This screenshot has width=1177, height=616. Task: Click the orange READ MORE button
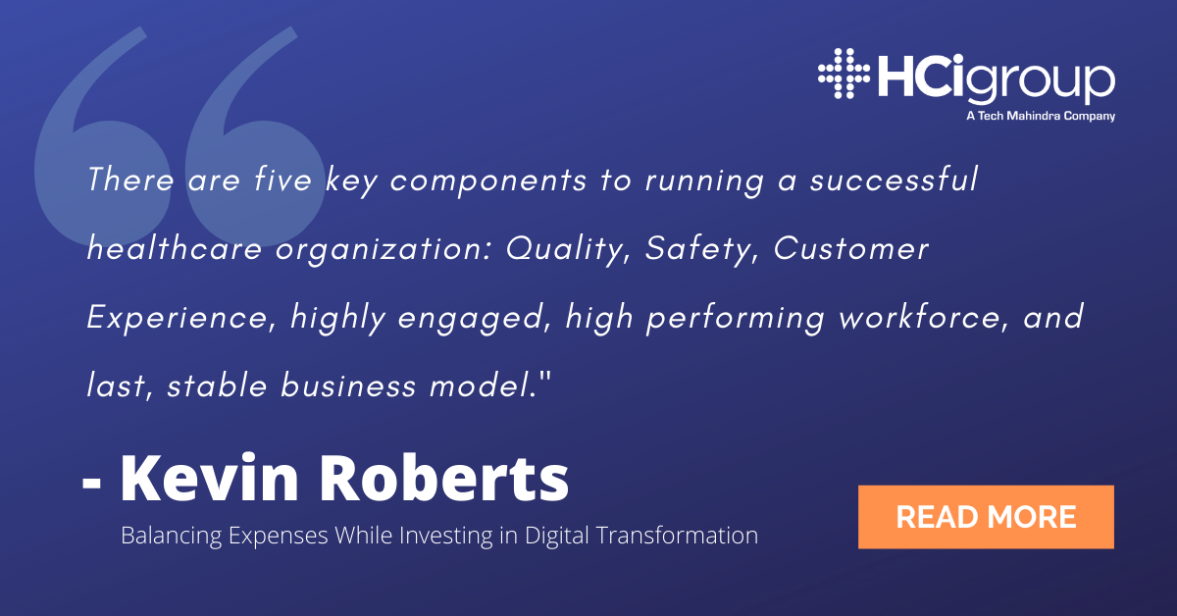tap(986, 517)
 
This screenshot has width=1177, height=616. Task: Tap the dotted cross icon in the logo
tap(844, 74)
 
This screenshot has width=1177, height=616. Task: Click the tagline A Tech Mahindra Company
tap(1041, 116)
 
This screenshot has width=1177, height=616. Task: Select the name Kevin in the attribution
tap(210, 479)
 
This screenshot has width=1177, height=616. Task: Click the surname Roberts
tap(444, 479)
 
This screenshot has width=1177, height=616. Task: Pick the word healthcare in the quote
tap(175, 247)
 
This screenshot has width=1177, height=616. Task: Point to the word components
tap(488, 181)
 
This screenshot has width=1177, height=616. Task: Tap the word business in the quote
tap(348, 385)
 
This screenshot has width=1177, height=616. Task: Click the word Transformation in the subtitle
tap(678, 535)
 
